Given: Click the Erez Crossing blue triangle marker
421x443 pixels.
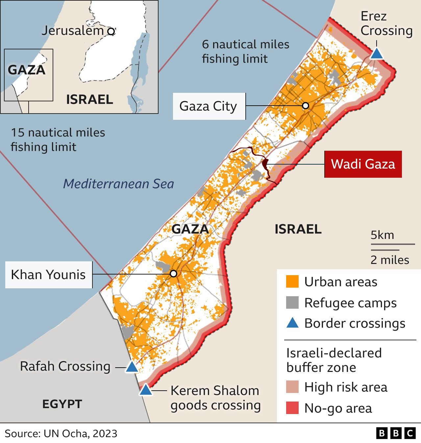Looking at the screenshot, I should pyautogui.click(x=377, y=54).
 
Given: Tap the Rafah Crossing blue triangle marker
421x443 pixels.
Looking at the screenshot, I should pyautogui.click(x=132, y=367).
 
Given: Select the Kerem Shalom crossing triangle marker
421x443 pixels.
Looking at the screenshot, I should pyautogui.click(x=146, y=390).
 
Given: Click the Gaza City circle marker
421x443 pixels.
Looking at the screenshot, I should pyautogui.click(x=306, y=106).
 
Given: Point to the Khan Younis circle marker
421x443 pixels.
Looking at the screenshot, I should pyautogui.click(x=174, y=274).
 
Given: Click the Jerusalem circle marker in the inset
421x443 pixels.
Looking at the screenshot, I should pyautogui.click(x=111, y=32).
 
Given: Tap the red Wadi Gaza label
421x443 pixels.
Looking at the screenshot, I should pyautogui.click(x=363, y=164).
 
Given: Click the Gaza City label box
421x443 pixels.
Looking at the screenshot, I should pyautogui.click(x=209, y=106).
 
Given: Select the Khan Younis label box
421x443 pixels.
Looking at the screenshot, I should pyautogui.click(x=49, y=274).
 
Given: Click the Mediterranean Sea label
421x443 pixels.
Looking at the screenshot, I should pyautogui.click(x=118, y=184).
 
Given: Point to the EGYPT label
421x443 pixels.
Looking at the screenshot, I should pyautogui.click(x=62, y=404).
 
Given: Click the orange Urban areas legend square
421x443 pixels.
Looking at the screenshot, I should pyautogui.click(x=292, y=282).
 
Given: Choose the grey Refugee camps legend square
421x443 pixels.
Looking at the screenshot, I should pyautogui.click(x=292, y=302).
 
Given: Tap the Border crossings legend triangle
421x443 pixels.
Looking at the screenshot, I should pyautogui.click(x=292, y=323).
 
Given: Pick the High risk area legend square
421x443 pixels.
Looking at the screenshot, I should pyautogui.click(x=292, y=387).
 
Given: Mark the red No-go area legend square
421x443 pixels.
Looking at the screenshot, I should pyautogui.click(x=292, y=408).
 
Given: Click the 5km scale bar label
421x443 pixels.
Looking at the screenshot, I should pyautogui.click(x=382, y=235).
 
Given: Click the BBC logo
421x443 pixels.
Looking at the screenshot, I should pyautogui.click(x=396, y=433).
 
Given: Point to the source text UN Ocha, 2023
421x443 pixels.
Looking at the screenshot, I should pyautogui.click(x=61, y=433).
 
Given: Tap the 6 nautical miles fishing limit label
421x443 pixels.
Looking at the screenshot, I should pyautogui.click(x=245, y=51).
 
